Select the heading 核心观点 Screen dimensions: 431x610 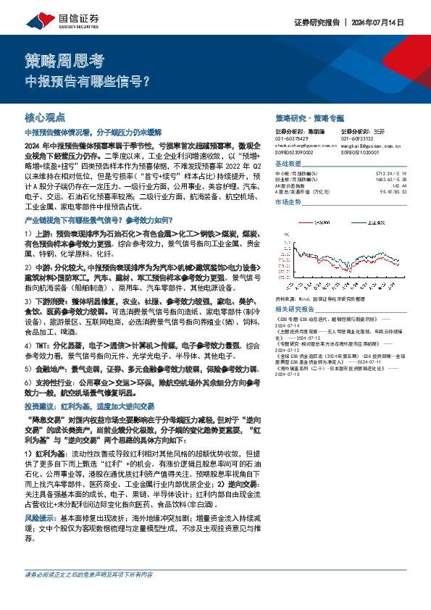click(45, 117)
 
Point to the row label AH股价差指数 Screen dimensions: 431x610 click(294, 186)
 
